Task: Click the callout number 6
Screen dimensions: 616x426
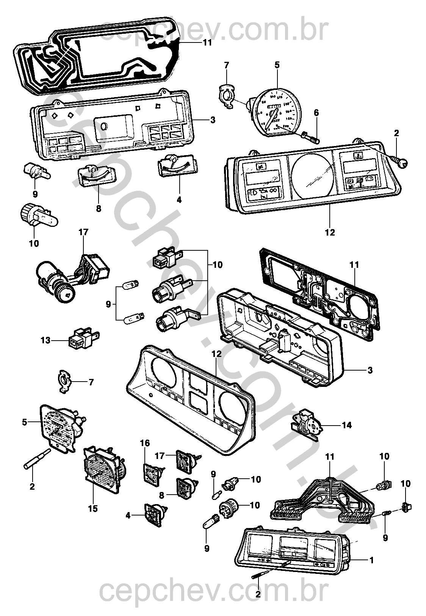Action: click(316, 113)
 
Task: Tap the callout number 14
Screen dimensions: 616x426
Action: click(346, 425)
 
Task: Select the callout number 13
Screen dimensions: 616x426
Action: click(45, 340)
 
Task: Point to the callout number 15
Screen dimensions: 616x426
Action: click(92, 508)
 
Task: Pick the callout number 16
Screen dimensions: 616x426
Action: click(145, 443)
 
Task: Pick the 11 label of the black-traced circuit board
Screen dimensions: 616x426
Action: click(207, 43)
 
